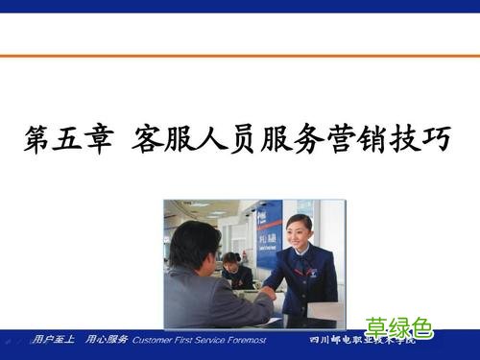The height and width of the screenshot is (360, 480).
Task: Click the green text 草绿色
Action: (398, 326)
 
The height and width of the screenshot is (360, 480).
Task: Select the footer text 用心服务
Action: (107, 340)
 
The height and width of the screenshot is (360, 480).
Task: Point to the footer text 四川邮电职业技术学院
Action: (363, 341)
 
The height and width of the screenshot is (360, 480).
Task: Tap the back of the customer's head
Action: (193, 245)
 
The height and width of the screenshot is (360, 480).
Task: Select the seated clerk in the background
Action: (232, 270)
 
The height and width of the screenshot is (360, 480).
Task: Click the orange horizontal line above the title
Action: (240, 57)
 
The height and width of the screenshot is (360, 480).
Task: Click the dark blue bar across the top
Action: (240, 6)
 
